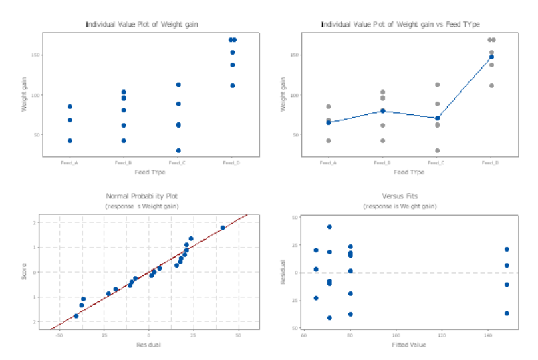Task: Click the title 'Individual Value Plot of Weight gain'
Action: pyautogui.click(x=142, y=25)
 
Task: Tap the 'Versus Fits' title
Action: pyautogui.click(x=400, y=196)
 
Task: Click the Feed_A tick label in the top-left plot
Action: pyautogui.click(x=69, y=162)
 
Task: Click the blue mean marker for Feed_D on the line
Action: pyautogui.click(x=491, y=57)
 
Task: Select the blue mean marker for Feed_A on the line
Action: pyautogui.click(x=329, y=122)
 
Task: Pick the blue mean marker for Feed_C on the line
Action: pyautogui.click(x=437, y=118)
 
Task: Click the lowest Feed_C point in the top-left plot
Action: pyautogui.click(x=178, y=150)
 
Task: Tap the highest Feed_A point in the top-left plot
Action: pyautogui.click(x=70, y=106)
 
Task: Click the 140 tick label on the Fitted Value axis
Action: pyautogui.click(x=487, y=335)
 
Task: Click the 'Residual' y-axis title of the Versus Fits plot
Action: pyautogui.click(x=284, y=273)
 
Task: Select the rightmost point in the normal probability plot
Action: pyautogui.click(x=223, y=228)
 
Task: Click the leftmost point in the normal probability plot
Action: pyautogui.click(x=76, y=316)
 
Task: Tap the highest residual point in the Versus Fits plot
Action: pyautogui.click(x=329, y=227)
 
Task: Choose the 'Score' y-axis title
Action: pyautogui.click(x=25, y=273)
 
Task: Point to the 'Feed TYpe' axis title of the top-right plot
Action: pyautogui.click(x=408, y=172)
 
